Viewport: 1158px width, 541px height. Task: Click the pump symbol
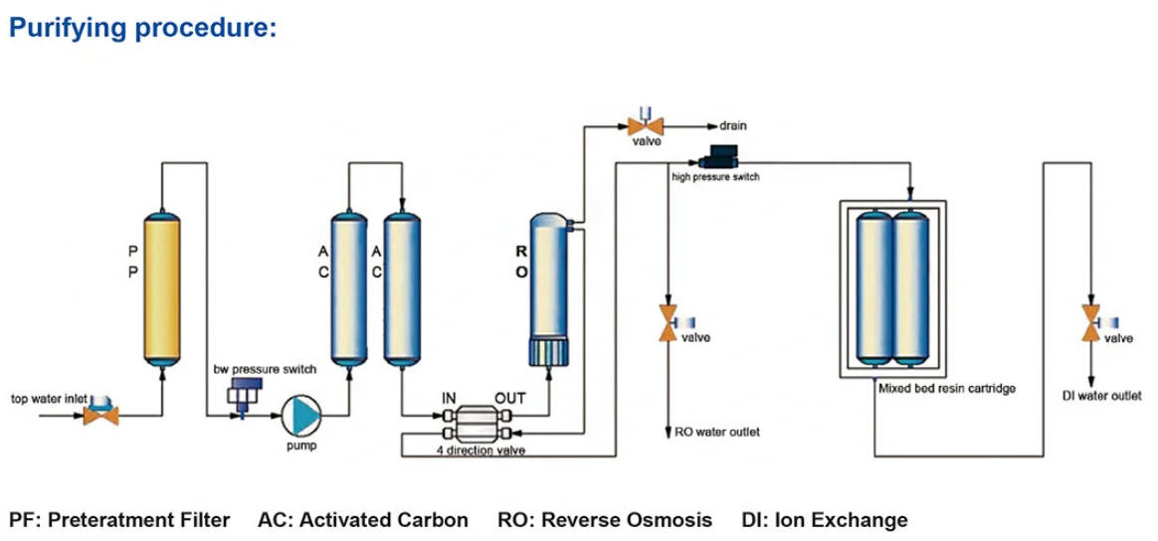click(x=300, y=413)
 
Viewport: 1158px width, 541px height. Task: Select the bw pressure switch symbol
click(x=243, y=399)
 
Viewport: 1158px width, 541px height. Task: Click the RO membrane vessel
click(x=546, y=288)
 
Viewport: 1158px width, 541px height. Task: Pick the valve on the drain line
click(x=646, y=125)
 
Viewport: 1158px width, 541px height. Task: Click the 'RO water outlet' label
click(x=717, y=433)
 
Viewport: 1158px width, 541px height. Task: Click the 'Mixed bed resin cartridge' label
click(x=947, y=389)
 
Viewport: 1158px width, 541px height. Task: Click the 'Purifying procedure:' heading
click(x=142, y=28)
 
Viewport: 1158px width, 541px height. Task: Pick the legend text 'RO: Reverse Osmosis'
click(x=605, y=519)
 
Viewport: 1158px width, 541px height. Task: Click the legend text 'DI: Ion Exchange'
click(x=825, y=519)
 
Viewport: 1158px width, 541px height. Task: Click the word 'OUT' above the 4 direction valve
click(x=509, y=398)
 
